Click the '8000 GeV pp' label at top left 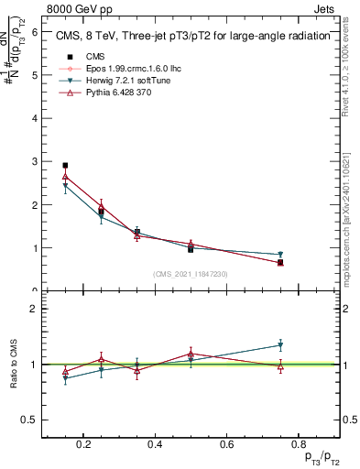tap(74, 7)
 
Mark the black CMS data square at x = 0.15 tap(65, 166)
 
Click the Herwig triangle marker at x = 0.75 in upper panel tap(280, 255)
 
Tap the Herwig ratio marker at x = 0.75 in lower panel tap(280, 345)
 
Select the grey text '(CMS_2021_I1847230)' tap(191, 274)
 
